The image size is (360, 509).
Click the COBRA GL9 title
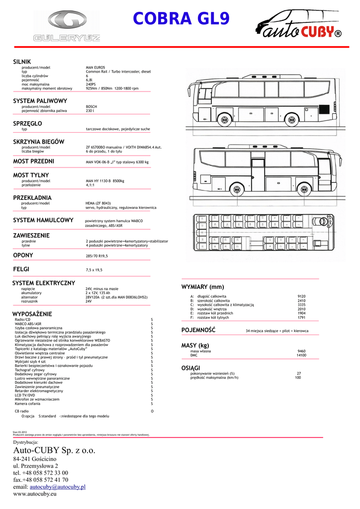coord(181,19)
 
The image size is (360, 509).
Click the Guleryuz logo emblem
coord(67,21)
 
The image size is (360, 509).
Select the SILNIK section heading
coord(22,61)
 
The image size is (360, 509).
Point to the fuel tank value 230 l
coord(90,111)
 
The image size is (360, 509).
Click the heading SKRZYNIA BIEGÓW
coord(38,142)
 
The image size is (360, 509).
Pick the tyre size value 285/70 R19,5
coord(97,256)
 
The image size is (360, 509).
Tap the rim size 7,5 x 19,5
coord(94,270)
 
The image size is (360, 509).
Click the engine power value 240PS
coord(91,85)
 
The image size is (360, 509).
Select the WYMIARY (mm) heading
coord(203,287)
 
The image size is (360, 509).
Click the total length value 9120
coord(301,296)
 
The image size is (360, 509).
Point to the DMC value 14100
coord(301,355)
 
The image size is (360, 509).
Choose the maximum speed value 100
coord(298,378)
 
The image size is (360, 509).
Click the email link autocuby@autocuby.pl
coord(58,487)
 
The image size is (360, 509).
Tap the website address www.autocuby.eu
coord(35,494)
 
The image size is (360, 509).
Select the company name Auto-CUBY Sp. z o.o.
coord(54,450)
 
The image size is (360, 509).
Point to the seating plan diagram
coord(268,238)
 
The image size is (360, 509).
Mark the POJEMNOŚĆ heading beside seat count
coord(198,330)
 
